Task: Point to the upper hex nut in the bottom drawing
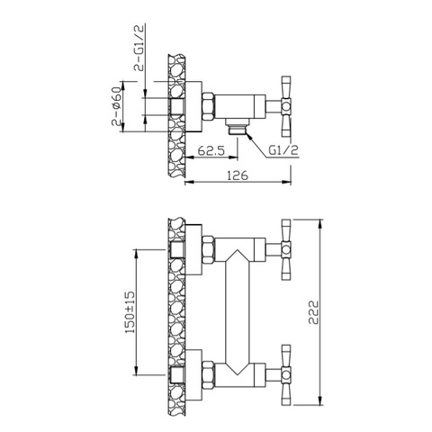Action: (206, 248)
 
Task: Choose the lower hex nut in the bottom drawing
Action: (206, 371)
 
